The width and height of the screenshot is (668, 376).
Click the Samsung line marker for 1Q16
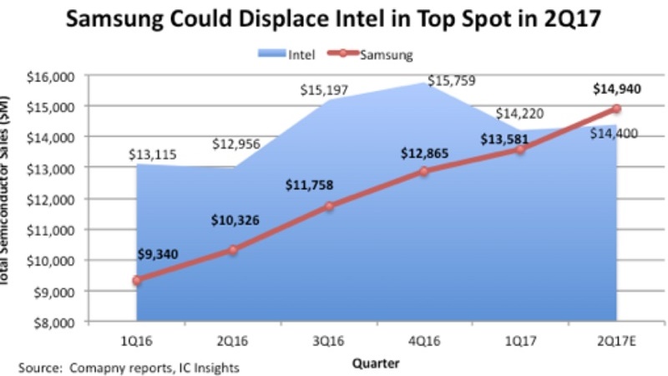pos(137,280)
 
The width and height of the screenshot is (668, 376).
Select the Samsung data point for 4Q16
pos(424,171)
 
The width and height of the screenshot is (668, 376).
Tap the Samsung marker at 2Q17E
pos(616,109)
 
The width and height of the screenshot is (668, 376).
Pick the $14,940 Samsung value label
pos(616,88)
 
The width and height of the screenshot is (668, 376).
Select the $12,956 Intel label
pos(236,144)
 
